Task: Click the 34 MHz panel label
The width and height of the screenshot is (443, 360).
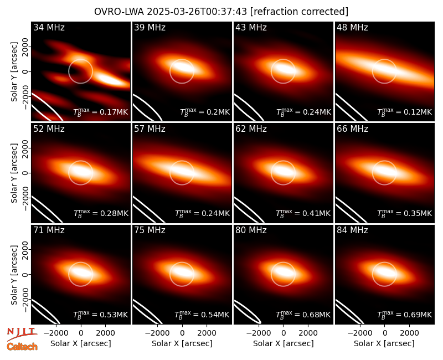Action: click(49, 27)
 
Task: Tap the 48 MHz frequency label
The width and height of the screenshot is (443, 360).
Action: click(352, 27)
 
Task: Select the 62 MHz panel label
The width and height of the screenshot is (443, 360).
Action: click(251, 129)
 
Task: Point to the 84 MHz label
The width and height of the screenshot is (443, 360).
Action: click(352, 230)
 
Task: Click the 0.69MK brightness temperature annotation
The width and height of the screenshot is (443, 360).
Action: click(405, 314)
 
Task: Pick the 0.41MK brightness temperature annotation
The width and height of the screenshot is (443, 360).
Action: click(303, 213)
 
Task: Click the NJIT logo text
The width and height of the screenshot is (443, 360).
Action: click(22, 333)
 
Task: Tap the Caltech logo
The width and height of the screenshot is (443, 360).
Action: click(22, 347)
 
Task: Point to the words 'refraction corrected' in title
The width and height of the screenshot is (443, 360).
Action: click(300, 12)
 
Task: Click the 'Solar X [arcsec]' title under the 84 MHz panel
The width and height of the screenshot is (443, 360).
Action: click(384, 343)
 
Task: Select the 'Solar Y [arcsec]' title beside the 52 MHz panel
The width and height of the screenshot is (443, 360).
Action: click(14, 173)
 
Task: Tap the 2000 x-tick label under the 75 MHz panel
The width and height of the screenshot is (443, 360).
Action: click(207, 333)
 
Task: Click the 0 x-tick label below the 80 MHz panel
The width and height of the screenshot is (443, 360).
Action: click(284, 333)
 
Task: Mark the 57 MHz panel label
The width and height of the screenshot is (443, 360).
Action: click(150, 129)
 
